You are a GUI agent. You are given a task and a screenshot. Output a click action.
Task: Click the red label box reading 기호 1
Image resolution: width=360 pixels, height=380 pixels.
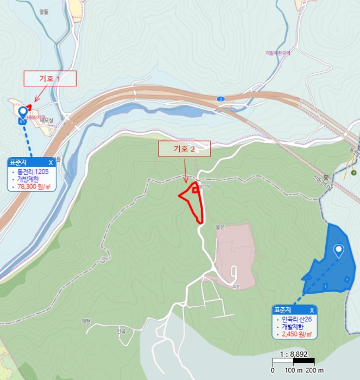50,79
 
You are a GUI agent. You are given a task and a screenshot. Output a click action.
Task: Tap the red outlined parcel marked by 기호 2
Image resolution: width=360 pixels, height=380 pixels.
194,202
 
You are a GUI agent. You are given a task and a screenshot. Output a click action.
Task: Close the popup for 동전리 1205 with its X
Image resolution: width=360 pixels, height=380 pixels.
50,162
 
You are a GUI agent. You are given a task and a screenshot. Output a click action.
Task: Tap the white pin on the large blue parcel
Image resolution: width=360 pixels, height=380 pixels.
339,251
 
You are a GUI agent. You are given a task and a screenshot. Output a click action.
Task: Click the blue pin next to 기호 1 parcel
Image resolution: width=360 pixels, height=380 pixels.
22,112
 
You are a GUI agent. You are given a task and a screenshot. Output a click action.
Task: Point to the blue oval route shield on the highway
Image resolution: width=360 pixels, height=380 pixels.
220,99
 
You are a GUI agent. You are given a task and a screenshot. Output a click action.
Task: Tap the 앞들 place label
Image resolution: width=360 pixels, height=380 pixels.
45,10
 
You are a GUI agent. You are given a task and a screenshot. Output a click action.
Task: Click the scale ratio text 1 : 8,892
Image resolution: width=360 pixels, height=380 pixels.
294,354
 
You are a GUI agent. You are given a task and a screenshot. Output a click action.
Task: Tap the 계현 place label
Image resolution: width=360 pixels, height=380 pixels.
85,320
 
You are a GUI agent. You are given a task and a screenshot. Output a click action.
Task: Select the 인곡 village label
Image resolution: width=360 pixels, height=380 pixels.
121,330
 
